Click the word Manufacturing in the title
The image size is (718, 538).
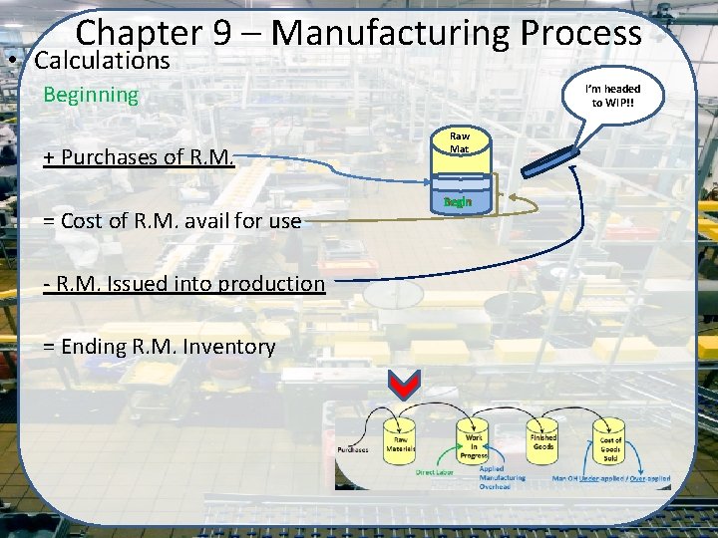point(389,33)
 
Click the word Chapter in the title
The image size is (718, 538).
point(139,33)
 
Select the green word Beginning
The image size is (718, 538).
point(91,95)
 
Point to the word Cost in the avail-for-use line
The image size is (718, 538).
point(83,221)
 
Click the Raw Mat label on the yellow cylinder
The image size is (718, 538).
point(459,141)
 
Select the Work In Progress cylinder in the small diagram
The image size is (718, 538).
point(475,439)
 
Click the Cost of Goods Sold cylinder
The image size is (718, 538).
point(610,441)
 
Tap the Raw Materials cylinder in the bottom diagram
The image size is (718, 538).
point(402,441)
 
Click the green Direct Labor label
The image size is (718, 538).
point(436,473)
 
